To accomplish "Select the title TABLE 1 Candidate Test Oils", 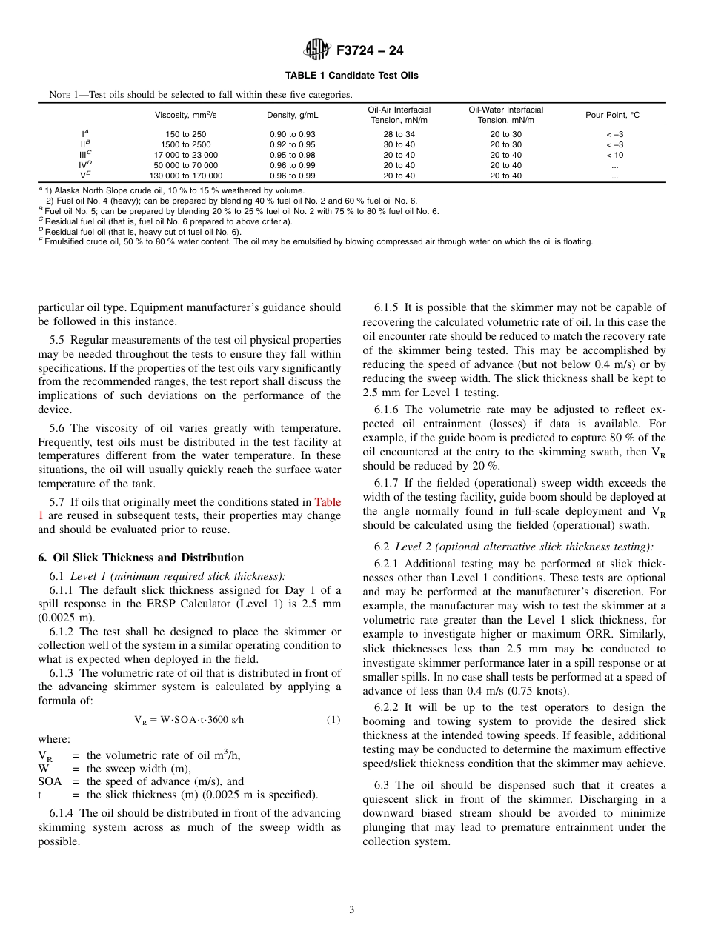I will (x=351, y=76).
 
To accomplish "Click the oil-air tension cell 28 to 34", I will (x=399, y=135).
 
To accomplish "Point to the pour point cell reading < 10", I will (x=614, y=156).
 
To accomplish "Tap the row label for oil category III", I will (x=84, y=156).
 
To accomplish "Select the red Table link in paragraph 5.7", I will (x=328, y=502).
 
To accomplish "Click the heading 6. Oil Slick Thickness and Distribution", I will (x=141, y=558).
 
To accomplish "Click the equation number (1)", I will (x=333, y=720).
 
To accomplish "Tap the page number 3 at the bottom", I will (x=352, y=910).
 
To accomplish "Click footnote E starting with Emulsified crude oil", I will (x=315, y=241).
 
